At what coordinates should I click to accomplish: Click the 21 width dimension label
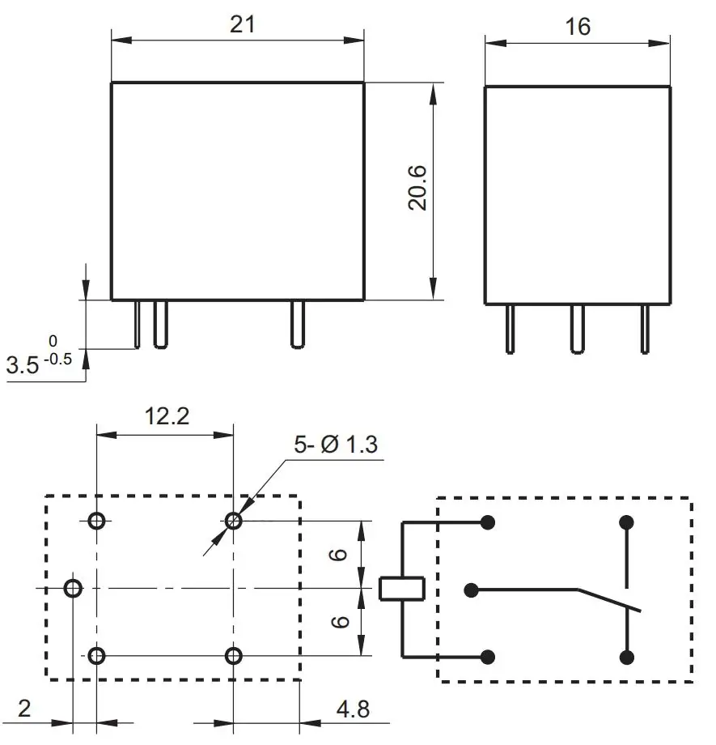point(242,24)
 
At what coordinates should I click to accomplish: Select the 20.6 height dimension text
point(417,189)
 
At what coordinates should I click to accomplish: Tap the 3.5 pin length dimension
point(23,365)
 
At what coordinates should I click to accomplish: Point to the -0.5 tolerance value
point(56,360)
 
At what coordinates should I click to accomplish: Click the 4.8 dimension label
point(353,709)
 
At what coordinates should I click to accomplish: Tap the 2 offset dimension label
point(24,709)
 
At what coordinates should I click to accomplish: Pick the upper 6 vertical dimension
point(340,554)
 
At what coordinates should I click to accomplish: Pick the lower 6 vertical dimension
point(340,621)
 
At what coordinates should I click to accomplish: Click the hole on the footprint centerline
point(74,588)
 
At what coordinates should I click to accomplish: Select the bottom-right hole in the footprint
point(234,655)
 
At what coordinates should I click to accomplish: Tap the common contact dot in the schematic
point(472,590)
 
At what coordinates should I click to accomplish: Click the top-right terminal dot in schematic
point(625,522)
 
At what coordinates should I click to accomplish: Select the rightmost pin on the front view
point(297,325)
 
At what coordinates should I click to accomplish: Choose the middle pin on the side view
point(577,329)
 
